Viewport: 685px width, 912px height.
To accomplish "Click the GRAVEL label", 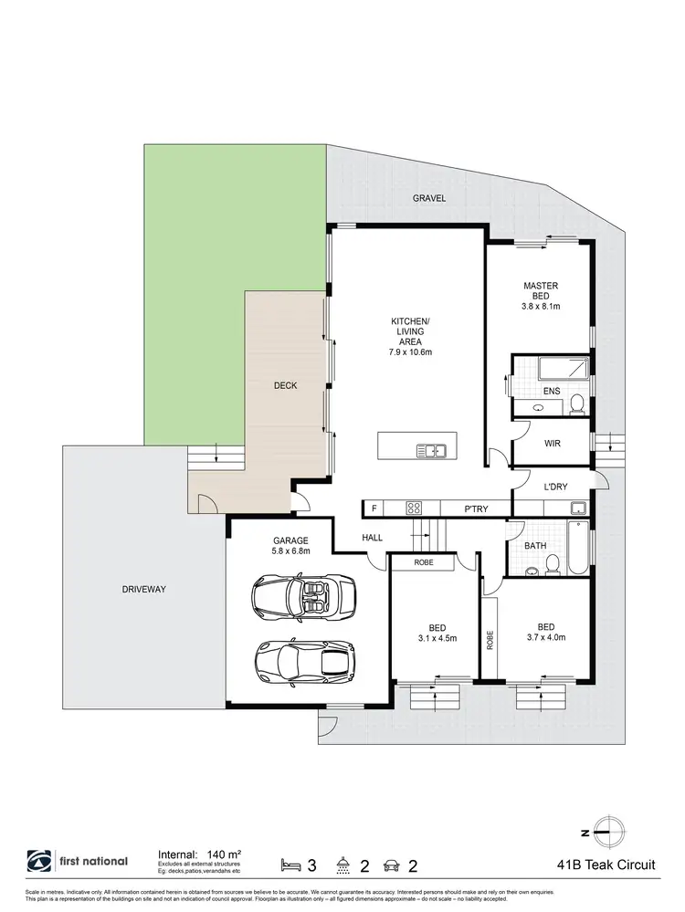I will pos(428,198).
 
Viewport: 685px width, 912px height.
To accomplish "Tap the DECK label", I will pos(286,386).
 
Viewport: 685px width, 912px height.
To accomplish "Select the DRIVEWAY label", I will pos(143,590).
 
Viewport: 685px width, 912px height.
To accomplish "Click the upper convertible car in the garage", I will pos(303,597).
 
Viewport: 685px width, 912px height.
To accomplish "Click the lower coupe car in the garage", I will pos(304,659).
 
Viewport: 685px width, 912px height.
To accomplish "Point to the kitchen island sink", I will pos(429,449).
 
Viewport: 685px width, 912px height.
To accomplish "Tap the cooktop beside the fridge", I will pos(413,508).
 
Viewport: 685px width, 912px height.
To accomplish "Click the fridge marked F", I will pos(374,508).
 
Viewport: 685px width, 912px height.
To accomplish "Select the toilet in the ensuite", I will pos(576,404).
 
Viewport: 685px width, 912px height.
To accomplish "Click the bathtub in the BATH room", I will pos(581,549).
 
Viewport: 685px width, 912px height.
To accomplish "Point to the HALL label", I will pos(372,539).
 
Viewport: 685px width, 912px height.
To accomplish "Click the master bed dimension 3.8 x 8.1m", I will pos(540,306).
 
